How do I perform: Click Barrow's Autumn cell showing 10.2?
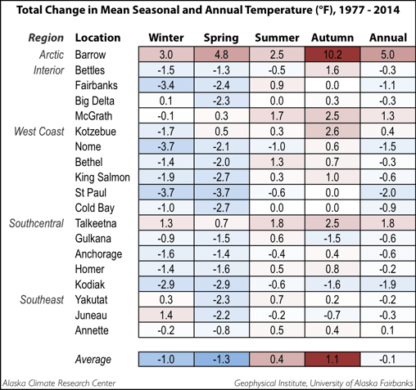click(x=332, y=54)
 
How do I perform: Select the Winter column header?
click(x=166, y=38)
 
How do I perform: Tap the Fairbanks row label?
click(x=97, y=85)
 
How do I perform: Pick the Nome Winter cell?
click(x=166, y=146)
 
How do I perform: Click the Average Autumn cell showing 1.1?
click(x=332, y=359)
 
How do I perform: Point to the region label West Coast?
click(x=39, y=132)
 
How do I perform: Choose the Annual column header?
click(x=388, y=38)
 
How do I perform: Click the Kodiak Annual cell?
click(x=388, y=285)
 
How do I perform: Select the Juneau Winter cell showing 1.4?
click(x=166, y=315)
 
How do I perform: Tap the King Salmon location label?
click(x=102, y=177)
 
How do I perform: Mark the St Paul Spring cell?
click(x=221, y=192)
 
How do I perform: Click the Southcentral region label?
click(x=36, y=223)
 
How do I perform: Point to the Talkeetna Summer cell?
click(x=277, y=223)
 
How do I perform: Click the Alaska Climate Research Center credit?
click(x=59, y=383)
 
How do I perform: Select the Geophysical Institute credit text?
click(x=323, y=383)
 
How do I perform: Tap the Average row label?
click(x=93, y=359)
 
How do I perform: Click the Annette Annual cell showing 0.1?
click(x=388, y=330)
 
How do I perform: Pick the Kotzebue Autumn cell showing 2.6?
click(x=332, y=131)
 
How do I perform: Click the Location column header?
click(x=97, y=38)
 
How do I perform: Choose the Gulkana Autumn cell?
click(x=332, y=239)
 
